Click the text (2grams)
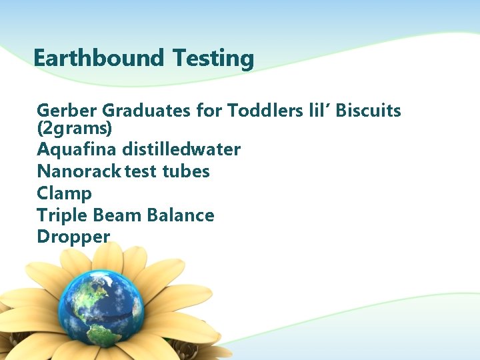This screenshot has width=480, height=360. (74, 127)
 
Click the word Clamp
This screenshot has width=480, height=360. (64, 193)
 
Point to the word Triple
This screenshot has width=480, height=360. (62, 215)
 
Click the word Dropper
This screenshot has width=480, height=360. (73, 237)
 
